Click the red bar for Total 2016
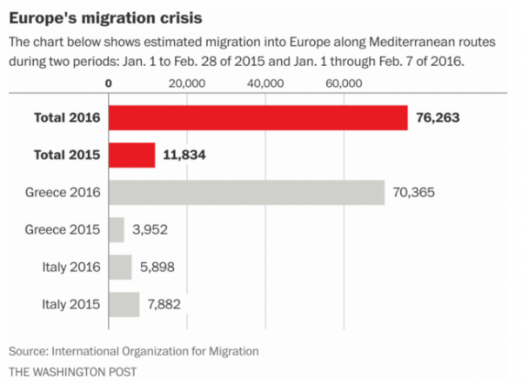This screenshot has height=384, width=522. (258, 117)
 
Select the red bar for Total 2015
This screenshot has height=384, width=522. (132, 155)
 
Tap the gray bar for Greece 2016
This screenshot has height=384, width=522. (247, 192)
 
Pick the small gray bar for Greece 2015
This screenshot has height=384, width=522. (117, 229)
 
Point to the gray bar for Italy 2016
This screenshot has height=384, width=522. (120, 267)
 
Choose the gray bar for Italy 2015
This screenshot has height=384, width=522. (124, 304)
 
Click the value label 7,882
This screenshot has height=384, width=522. (171, 304)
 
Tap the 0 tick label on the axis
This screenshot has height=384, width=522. (109, 83)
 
